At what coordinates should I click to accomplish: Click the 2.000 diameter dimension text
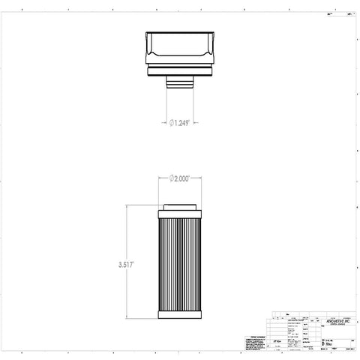click(x=182, y=178)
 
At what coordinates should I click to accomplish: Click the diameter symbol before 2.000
click(x=172, y=178)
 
